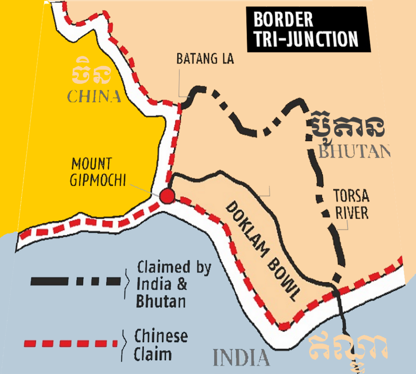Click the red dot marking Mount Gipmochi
pyautogui.click(x=167, y=196)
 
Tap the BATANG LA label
pyautogui.click(x=205, y=59)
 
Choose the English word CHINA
pyautogui.click(x=94, y=96)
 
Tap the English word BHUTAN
pyautogui.click(x=355, y=151)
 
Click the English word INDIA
pyautogui.click(x=241, y=358)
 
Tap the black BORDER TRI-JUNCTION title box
pyautogui.click(x=308, y=29)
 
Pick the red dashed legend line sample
pyautogui.click(x=75, y=344)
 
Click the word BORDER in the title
pyautogui.click(x=283, y=19)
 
